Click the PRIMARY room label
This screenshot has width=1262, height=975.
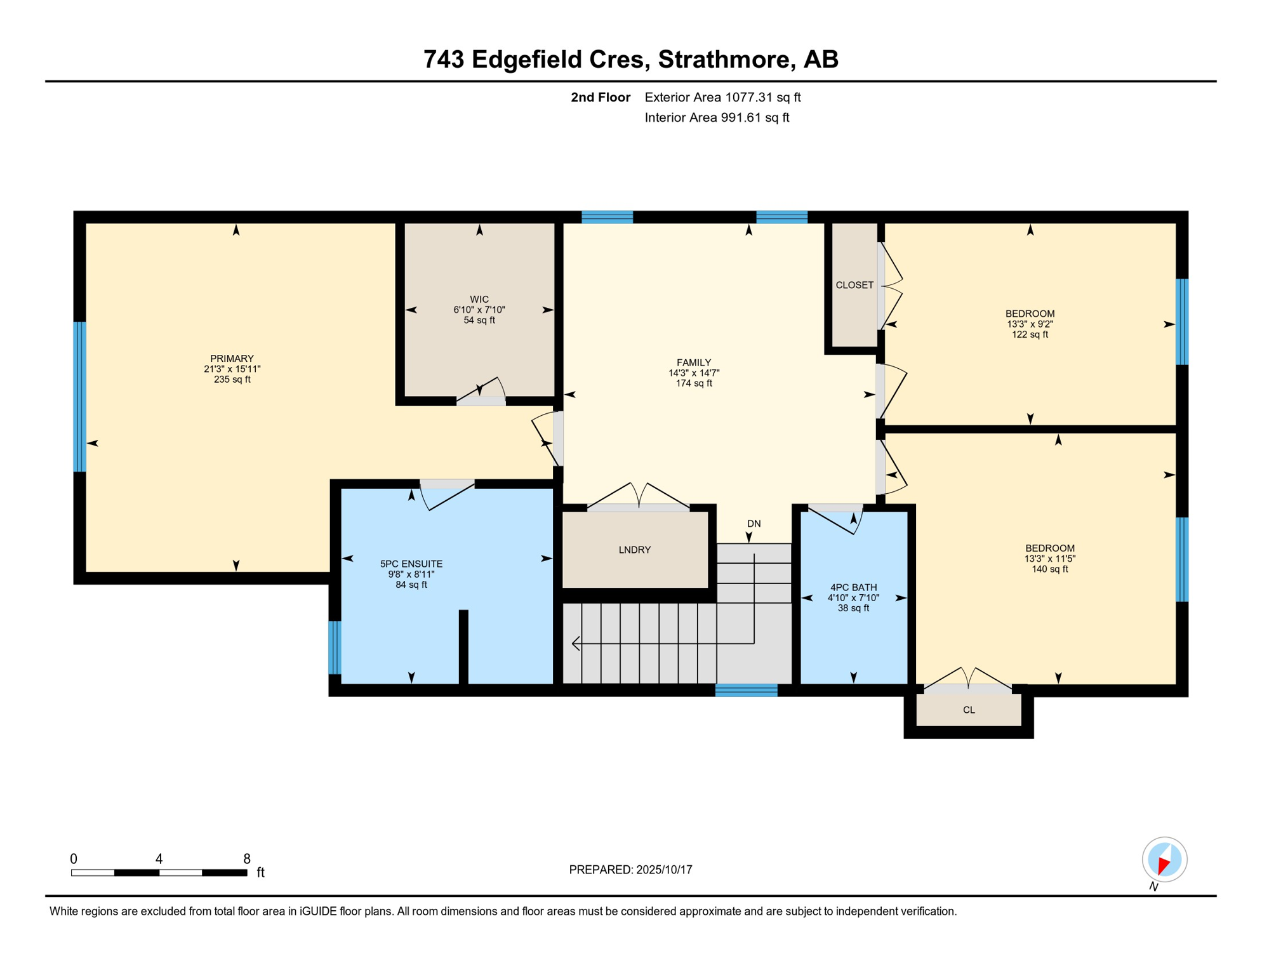pos(232,359)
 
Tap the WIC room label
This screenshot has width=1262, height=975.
pos(479,300)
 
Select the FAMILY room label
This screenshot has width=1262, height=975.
pos(694,362)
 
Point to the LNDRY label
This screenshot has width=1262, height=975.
pos(635,550)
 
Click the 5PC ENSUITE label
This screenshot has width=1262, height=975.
pos(411,564)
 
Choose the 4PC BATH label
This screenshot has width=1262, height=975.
pos(853,588)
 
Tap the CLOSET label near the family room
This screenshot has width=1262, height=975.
pos(854,285)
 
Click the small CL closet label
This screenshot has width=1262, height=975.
pos(969,710)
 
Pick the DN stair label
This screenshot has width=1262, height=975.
pos(754,524)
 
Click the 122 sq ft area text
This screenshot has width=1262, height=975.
pos(1030,335)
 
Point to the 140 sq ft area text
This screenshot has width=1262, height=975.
pos(1050,569)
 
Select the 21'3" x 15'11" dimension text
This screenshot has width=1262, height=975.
pos(232,369)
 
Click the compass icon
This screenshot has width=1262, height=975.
pos(1164,859)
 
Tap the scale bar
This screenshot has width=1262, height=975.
pos(159,873)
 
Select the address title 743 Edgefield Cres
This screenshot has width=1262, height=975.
pos(536,59)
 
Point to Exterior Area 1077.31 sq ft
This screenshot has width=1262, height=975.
pos(722,97)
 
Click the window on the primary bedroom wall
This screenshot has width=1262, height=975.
pos(80,397)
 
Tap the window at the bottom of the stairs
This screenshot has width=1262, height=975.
pos(747,690)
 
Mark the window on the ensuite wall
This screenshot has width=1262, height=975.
pos(335,647)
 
